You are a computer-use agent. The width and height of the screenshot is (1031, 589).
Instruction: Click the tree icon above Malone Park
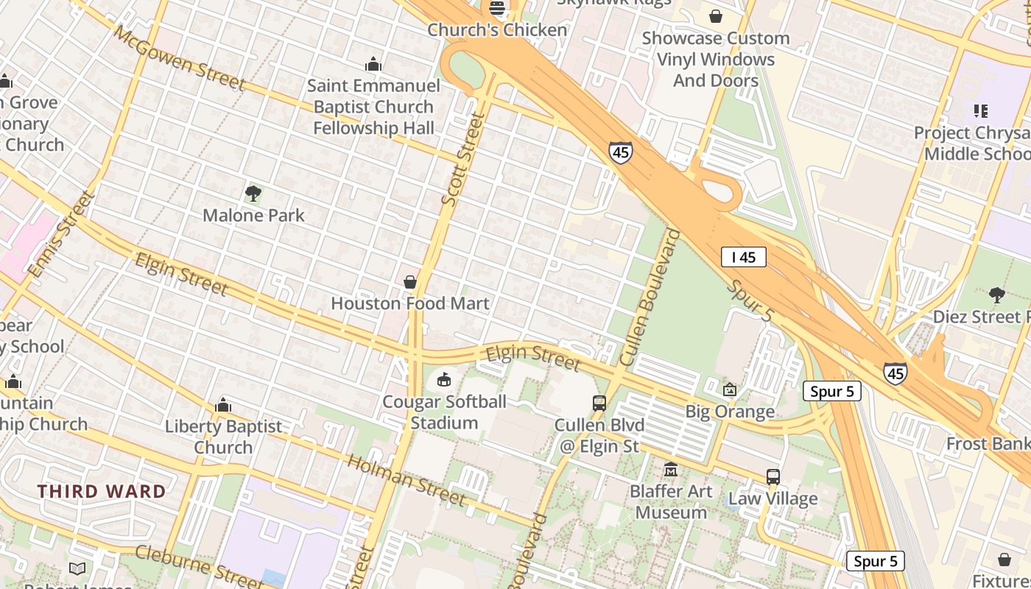[x=253, y=194]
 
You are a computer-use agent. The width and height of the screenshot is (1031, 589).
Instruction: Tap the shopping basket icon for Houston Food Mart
[x=410, y=282]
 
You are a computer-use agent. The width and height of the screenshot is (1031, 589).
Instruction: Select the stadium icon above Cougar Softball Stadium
[x=444, y=380]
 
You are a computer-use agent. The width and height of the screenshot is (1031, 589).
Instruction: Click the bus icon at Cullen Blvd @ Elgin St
[x=599, y=403]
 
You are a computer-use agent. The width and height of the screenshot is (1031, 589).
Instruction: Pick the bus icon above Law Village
[x=773, y=477]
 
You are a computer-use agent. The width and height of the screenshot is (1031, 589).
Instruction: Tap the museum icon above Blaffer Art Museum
[x=671, y=469]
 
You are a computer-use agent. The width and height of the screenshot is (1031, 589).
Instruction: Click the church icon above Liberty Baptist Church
[x=223, y=405]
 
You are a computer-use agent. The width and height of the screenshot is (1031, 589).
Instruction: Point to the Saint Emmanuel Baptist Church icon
[x=373, y=64]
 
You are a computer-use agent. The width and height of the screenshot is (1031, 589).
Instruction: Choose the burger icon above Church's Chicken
[x=498, y=9]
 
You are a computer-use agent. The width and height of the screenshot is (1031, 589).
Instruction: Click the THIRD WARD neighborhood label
[x=102, y=491]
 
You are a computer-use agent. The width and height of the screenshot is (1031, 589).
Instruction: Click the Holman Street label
[x=406, y=480]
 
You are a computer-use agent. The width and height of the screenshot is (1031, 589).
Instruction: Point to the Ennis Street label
[x=62, y=234]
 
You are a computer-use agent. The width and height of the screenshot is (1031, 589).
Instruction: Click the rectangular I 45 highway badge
[x=744, y=257]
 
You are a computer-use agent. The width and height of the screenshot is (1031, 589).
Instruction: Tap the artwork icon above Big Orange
[x=730, y=389]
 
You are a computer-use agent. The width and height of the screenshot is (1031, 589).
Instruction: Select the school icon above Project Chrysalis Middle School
[x=980, y=111]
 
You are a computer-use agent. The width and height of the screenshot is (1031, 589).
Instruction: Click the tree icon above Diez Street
[x=997, y=295]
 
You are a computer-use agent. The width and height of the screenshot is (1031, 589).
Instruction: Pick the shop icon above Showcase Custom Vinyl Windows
[x=716, y=16]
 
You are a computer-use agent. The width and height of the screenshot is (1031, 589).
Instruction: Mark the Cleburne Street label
[x=199, y=565]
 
